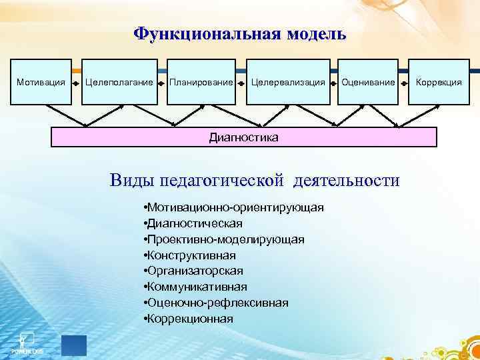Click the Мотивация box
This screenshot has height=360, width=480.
tap(40, 82)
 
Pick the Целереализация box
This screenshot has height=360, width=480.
tap(288, 82)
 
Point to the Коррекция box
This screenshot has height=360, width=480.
tap(439, 82)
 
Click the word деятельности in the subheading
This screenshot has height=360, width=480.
tap(350, 181)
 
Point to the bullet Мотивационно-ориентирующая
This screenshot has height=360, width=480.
tap(233, 207)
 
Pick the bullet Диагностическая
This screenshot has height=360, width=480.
tap(193, 223)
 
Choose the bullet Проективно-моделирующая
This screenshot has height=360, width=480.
tap(223, 239)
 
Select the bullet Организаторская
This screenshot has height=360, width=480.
tap(193, 271)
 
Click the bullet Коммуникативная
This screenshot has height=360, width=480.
tap(195, 287)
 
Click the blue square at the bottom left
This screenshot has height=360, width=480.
tap(73, 345)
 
